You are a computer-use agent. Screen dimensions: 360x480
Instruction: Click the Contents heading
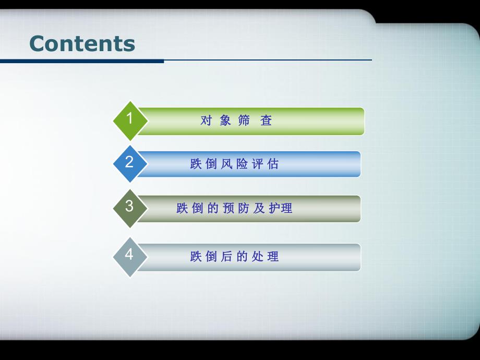(82, 43)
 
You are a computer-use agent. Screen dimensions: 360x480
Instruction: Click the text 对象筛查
(236, 121)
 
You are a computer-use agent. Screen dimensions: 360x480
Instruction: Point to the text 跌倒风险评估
(235, 164)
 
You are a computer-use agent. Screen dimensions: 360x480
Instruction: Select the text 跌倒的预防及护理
(235, 208)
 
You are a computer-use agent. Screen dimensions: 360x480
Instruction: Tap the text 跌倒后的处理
(235, 256)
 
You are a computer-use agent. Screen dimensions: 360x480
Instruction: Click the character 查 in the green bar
(267, 121)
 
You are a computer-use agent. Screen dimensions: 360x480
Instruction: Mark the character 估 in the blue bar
(273, 164)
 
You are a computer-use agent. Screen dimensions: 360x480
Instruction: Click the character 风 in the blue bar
(226, 164)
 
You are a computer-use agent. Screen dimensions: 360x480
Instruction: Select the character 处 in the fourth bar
(257, 256)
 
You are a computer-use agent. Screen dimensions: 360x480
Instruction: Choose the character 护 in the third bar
(274, 208)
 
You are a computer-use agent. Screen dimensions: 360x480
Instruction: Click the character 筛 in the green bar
(244, 121)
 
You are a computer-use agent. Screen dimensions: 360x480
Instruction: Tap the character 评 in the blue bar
(257, 164)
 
